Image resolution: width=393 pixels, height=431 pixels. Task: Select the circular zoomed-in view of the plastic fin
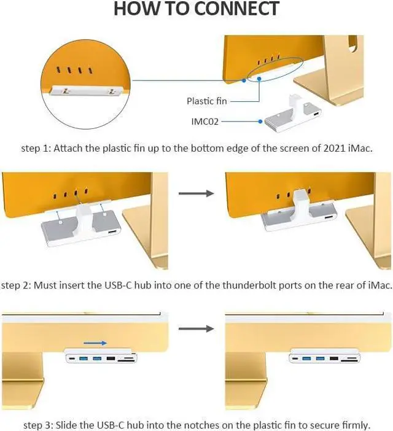click(x=85, y=80)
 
